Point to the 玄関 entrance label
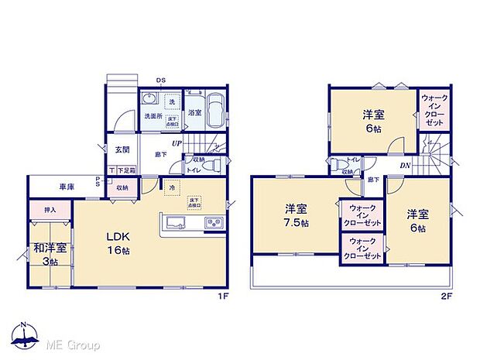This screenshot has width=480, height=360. pyautogui.click(x=123, y=149)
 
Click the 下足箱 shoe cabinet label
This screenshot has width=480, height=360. pyautogui.click(x=125, y=170)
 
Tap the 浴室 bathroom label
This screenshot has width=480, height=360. pyautogui.click(x=194, y=113)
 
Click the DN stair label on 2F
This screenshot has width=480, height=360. pyautogui.click(x=405, y=165)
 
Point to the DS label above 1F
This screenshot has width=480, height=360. pyautogui.click(x=161, y=81)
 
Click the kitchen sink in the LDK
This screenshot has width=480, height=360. pyautogui.click(x=174, y=225)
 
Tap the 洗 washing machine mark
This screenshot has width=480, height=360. pyautogui.click(x=172, y=102)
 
